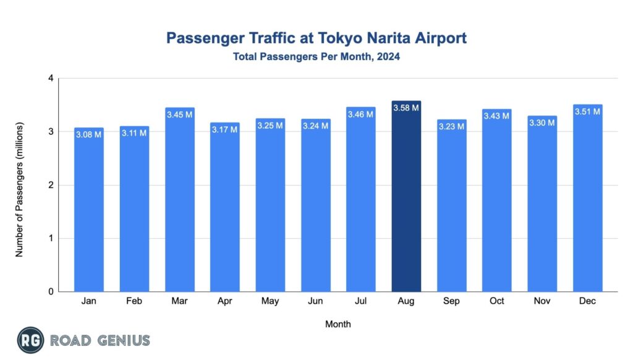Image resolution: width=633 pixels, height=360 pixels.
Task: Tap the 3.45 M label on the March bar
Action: tap(179, 114)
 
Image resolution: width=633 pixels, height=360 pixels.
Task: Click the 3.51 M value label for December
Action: tap(587, 112)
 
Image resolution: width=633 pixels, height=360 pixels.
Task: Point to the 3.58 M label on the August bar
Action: tap(406, 108)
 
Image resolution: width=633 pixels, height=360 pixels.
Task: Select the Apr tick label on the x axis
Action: tap(224, 301)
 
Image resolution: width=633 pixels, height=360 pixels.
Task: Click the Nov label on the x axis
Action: tap(542, 301)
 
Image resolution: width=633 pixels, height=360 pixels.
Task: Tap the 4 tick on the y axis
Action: tap(51, 78)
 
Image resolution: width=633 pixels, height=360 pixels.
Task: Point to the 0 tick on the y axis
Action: tap(51, 292)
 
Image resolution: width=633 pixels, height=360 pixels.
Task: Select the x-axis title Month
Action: tap(338, 324)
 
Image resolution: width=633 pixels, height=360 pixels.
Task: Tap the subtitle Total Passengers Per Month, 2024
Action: tap(316, 57)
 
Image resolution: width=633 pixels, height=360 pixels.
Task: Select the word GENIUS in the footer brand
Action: tap(123, 340)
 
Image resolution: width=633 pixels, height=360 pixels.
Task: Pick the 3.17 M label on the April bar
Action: tap(224, 130)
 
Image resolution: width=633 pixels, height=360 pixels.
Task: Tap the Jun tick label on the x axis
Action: tap(315, 301)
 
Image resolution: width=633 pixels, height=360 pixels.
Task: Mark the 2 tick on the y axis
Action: tap(51, 185)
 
